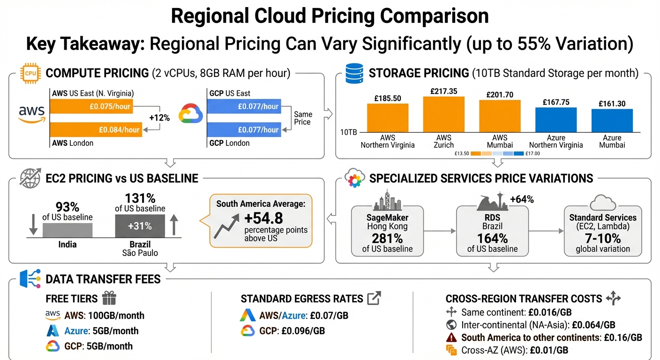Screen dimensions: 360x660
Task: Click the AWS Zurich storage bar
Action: click(x=443, y=114)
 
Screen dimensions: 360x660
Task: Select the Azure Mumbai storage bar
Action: click(x=612, y=120)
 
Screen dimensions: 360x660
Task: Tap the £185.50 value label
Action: click(x=387, y=98)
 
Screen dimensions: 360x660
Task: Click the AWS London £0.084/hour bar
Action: click(x=96, y=129)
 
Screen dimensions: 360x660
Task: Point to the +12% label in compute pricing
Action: click(x=159, y=118)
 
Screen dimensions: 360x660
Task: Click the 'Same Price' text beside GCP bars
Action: click(x=302, y=118)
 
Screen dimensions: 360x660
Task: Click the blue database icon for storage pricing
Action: click(x=354, y=73)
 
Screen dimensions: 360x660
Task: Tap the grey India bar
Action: click(x=67, y=230)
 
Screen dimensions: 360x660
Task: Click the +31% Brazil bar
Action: click(x=140, y=226)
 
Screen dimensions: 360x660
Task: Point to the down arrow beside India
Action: click(x=33, y=225)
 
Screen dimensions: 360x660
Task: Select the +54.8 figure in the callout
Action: click(x=263, y=218)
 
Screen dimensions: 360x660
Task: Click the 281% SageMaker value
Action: click(x=387, y=238)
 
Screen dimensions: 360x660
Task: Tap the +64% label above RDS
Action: click(x=522, y=200)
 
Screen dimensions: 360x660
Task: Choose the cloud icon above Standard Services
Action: click(x=602, y=203)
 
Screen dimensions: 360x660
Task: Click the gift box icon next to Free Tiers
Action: click(x=109, y=298)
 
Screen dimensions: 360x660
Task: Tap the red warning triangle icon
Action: click(x=451, y=337)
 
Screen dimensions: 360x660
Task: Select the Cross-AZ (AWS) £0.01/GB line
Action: click(x=515, y=350)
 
